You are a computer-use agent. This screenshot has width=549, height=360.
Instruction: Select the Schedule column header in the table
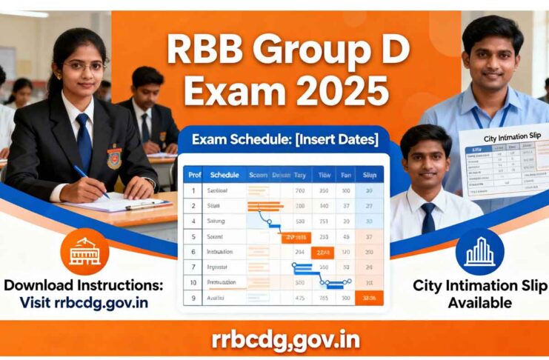coord(224,175)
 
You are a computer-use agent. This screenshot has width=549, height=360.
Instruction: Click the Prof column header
coord(194,175)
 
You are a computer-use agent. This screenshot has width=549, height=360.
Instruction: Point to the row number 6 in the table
coord(193,251)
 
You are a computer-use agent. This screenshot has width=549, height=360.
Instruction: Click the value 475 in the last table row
coord(300,298)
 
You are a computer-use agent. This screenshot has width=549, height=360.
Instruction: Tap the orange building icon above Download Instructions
coord(84,252)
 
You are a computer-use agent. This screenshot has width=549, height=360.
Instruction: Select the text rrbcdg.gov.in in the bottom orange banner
coord(275,340)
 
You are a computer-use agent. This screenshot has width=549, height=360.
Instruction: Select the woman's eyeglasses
coord(84,67)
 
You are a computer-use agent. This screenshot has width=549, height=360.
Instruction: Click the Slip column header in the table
coord(369,175)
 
